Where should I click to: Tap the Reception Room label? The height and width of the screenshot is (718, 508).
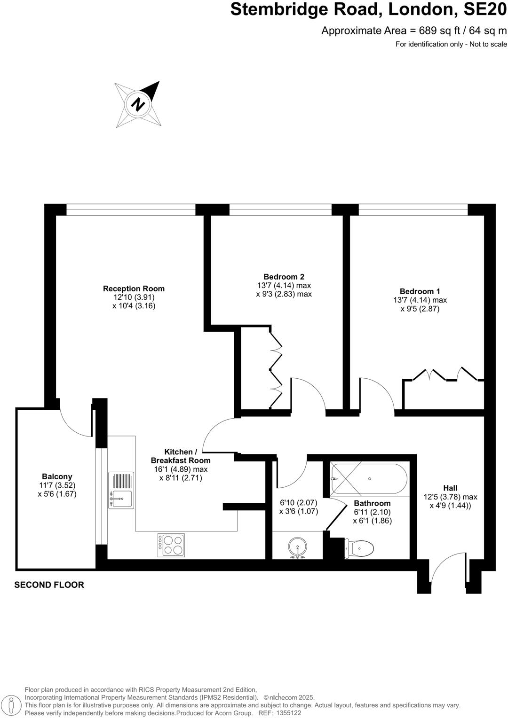[134, 289]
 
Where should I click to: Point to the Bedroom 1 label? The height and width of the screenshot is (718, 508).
[420, 291]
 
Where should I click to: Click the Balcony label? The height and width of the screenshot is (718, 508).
[57, 476]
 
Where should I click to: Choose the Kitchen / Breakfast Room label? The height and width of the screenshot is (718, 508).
[181, 456]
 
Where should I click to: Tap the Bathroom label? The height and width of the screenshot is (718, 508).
[372, 503]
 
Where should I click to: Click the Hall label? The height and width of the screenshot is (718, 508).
[450, 488]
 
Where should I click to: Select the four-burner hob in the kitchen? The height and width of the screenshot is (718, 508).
[171, 545]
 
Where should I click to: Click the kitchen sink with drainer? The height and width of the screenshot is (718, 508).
[121, 490]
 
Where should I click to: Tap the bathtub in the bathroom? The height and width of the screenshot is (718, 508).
[369, 479]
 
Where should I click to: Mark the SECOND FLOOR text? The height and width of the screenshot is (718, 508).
[49, 585]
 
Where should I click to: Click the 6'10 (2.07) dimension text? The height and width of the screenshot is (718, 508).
[298, 502]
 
